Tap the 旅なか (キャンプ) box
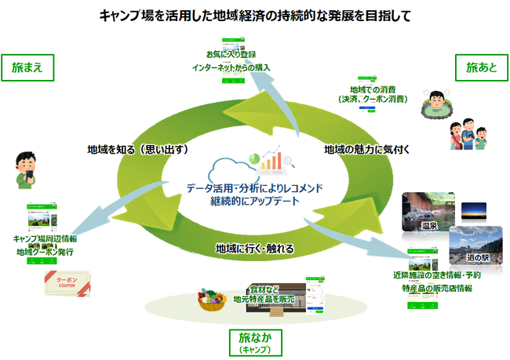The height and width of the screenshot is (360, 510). [x=254, y=340]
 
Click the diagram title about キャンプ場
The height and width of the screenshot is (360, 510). [x=256, y=15]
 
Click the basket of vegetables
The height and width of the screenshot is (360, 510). [x=210, y=301]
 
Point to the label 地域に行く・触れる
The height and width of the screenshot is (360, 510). [x=254, y=249]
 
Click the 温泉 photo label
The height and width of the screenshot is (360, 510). [x=428, y=227]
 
